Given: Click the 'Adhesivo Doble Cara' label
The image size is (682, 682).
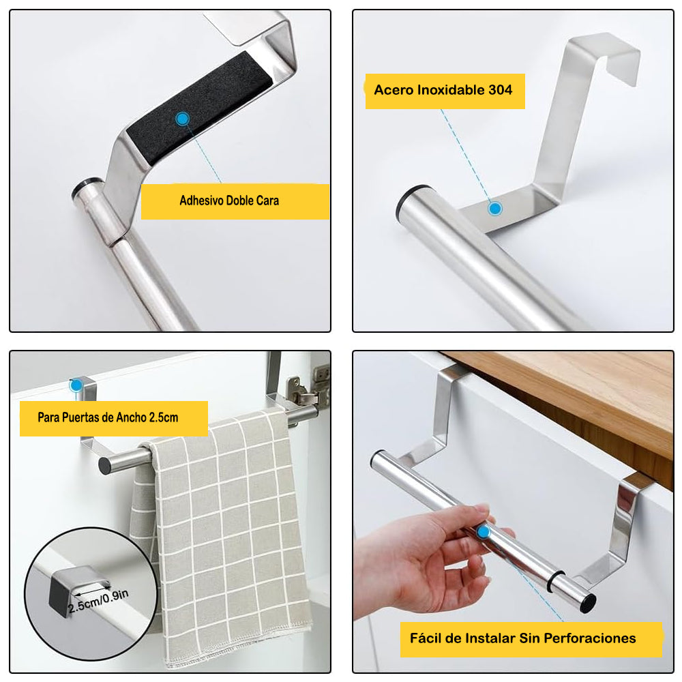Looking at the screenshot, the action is point(229,201).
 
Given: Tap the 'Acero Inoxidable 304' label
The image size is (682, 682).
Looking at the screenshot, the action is point(443,90).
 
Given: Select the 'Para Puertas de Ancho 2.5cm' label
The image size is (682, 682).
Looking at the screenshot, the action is point(108,417).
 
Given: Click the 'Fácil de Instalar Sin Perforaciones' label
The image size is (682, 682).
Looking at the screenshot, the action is point(523,638).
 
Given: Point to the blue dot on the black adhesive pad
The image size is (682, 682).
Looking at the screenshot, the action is point(183,119).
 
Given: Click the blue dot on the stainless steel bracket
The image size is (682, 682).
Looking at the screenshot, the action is point(495,209).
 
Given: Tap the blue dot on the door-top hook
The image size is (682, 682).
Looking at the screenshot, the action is point(76,385).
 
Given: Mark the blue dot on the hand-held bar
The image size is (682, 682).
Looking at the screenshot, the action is point(484,531).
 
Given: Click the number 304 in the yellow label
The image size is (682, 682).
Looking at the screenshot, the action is point(500,90).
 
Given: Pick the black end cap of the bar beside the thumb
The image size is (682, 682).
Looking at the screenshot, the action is point(588,604).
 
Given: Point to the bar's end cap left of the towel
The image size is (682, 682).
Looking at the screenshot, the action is point(105,466).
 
